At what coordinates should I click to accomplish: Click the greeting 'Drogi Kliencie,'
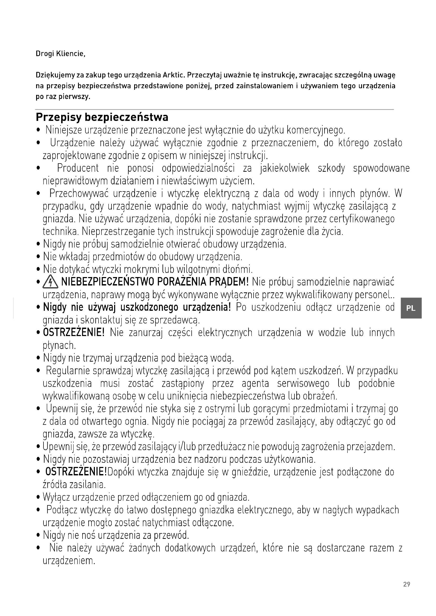tap(60, 54)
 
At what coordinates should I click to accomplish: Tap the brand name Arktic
tap(174, 75)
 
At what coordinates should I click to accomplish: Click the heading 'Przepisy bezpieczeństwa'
tap(102, 117)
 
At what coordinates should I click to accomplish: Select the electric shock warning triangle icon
tap(50, 283)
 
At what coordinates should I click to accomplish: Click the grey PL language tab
tap(411, 308)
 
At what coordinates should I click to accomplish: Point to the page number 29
tap(406, 584)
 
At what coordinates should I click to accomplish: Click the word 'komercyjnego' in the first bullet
tap(316, 130)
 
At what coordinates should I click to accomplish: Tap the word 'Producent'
tap(78, 168)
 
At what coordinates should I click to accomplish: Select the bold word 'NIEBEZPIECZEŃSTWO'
tap(107, 282)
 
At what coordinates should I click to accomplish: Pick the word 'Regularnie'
tap(69, 371)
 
